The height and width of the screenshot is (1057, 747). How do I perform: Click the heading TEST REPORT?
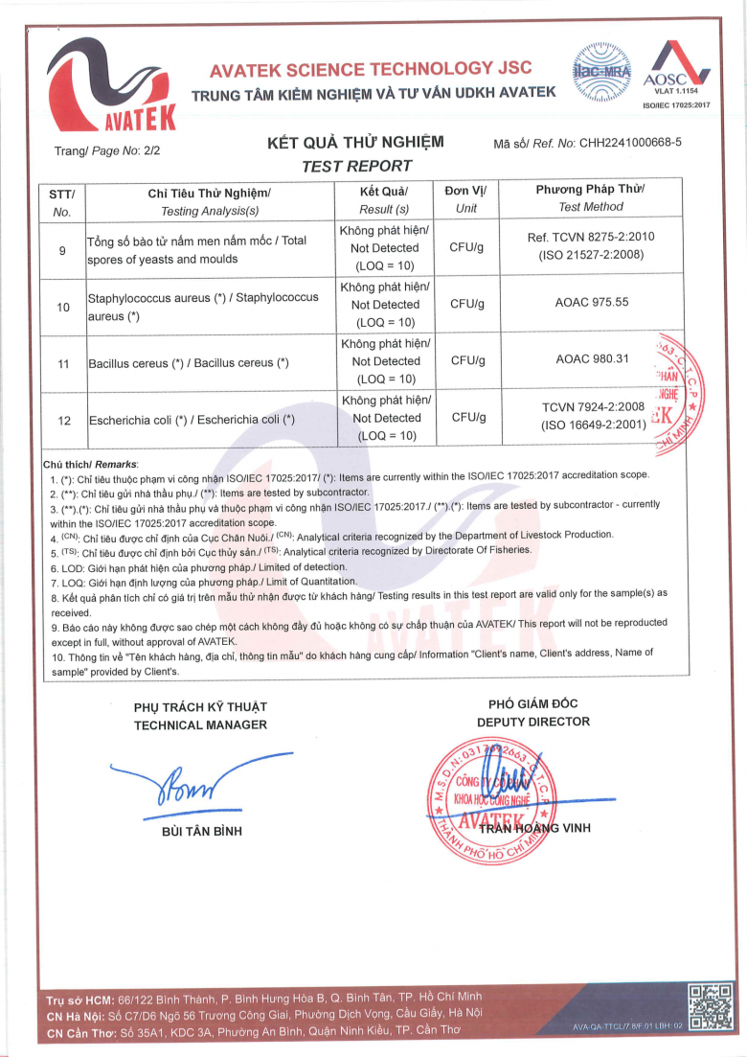point(356,166)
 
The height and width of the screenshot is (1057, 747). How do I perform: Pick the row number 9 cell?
point(62,250)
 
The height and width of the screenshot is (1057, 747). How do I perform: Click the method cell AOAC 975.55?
point(591,304)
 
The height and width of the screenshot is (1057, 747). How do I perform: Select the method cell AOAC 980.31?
point(591,360)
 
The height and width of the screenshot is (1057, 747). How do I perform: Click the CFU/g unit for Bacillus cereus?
point(467,361)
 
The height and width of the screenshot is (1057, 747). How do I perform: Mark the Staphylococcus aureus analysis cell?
point(202,307)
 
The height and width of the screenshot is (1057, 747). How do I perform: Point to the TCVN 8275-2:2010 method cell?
point(591,245)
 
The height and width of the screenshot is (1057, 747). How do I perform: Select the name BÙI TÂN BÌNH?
point(202,830)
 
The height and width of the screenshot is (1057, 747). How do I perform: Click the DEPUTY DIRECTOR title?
point(533,722)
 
